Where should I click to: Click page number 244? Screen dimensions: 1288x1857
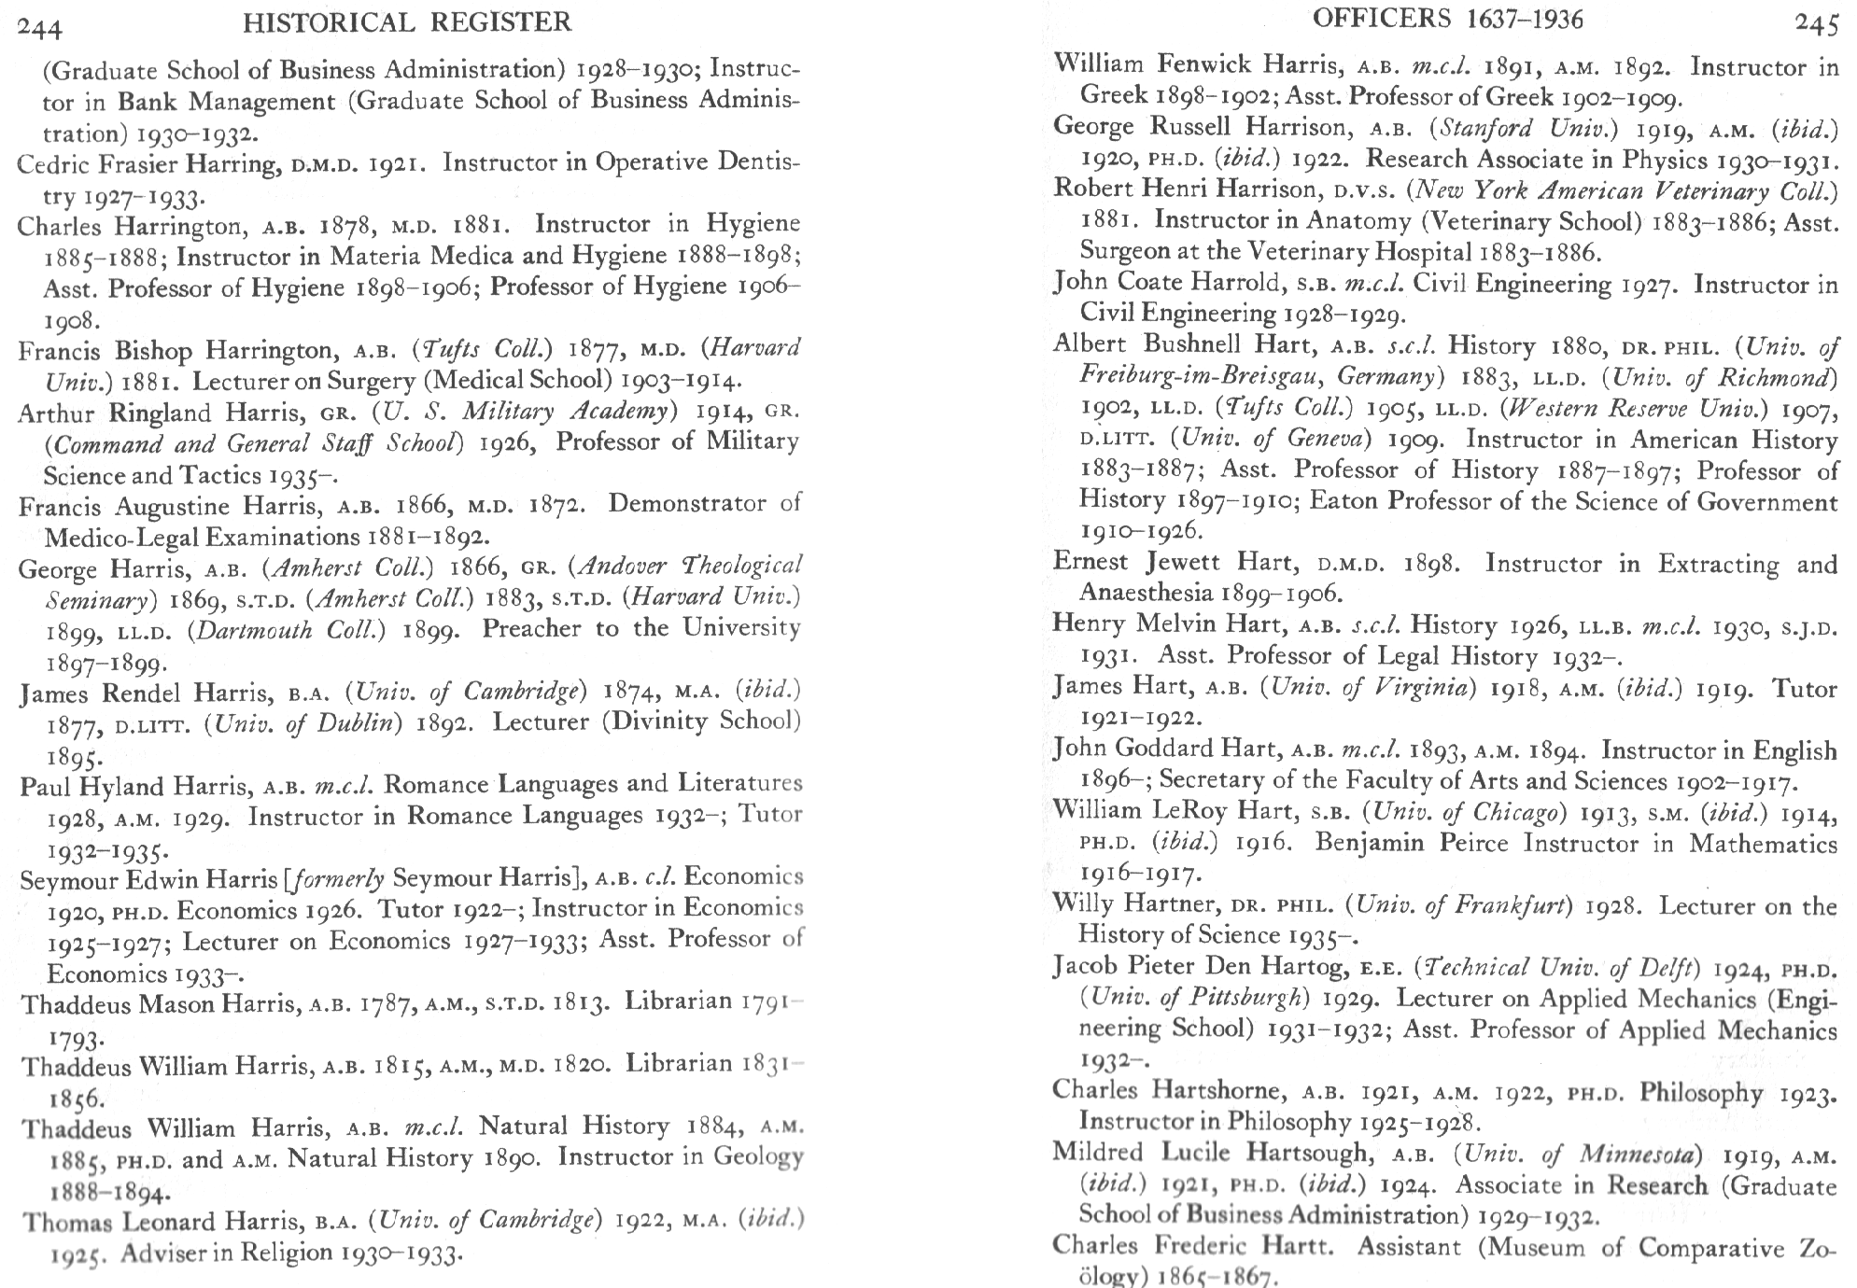pos(40,28)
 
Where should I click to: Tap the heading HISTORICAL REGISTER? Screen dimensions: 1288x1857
pos(407,22)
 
